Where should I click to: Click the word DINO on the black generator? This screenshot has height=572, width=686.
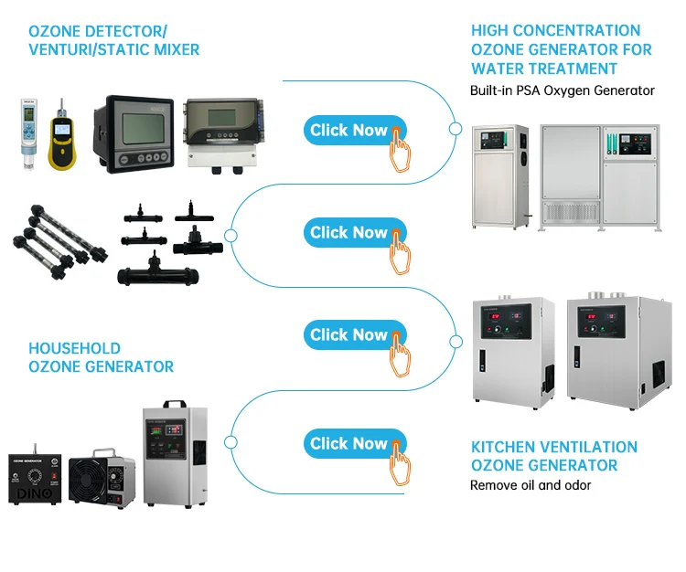pos(36,493)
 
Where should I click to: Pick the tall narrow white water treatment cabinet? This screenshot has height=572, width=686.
pos(499,175)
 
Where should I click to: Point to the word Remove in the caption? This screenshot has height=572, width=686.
pos(494,485)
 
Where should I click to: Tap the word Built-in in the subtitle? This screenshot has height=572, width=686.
pos(494,90)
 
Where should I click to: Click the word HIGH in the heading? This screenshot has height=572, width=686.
pos(491,31)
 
